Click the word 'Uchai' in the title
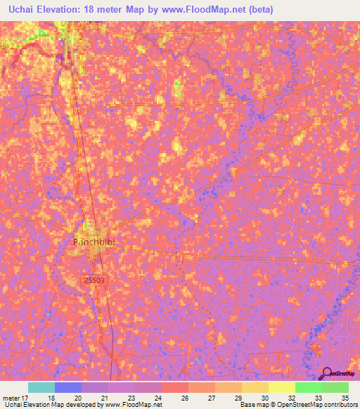point(18,9)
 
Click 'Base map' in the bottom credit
point(252,405)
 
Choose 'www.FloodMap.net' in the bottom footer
point(132,405)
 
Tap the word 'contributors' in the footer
point(340,405)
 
